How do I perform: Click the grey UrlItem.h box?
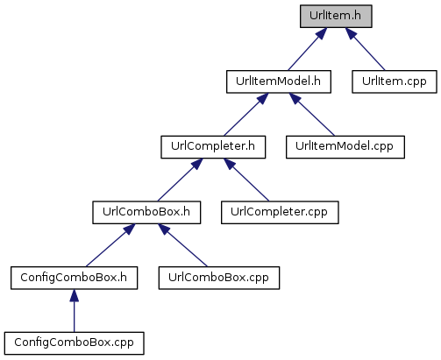pyautogui.click(x=336, y=17)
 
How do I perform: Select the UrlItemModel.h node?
pyautogui.click(x=279, y=81)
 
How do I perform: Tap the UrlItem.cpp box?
pyautogui.click(x=395, y=81)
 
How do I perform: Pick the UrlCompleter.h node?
pyautogui.click(x=213, y=147)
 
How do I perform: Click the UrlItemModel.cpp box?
pyautogui.click(x=345, y=147)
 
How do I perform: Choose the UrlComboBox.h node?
pyautogui.click(x=146, y=213)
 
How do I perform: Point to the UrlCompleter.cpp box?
pyautogui.click(x=280, y=213)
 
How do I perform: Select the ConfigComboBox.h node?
pyautogui.click(x=74, y=278)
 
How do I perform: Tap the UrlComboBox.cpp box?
pyautogui.click(x=219, y=278)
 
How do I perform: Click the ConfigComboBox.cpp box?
pyautogui.click(x=74, y=343)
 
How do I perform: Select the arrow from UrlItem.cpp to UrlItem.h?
pyautogui.click(x=365, y=49)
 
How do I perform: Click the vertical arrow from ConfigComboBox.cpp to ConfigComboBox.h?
pyautogui.click(x=74, y=311)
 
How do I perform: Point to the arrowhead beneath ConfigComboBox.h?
pyautogui.click(x=74, y=295)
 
